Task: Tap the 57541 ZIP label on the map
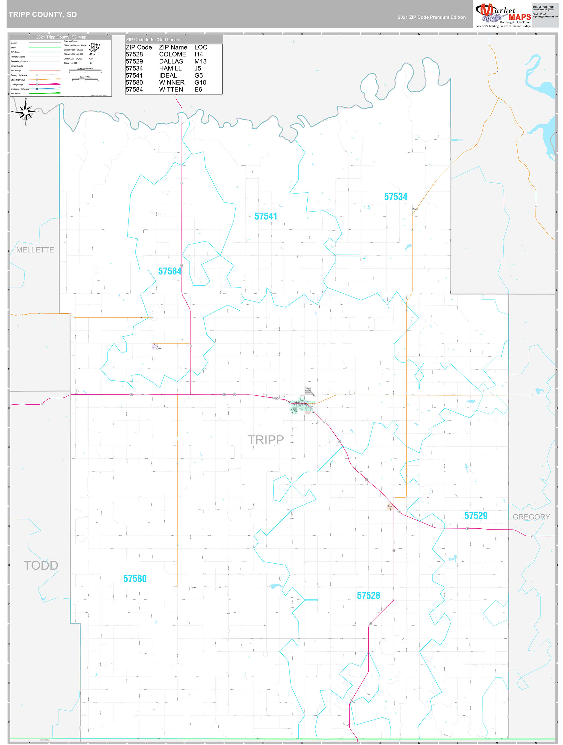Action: click(x=265, y=216)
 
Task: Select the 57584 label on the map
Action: click(x=169, y=271)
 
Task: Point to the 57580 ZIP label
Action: click(x=135, y=579)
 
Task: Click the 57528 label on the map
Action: click(x=368, y=595)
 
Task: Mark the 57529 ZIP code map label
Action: click(x=476, y=516)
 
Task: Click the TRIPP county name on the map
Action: click(x=265, y=440)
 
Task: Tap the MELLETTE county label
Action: click(x=35, y=250)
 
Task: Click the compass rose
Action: click(x=26, y=112)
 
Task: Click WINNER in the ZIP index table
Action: click(x=171, y=83)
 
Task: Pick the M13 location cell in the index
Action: click(x=200, y=61)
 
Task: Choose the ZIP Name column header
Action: click(x=173, y=48)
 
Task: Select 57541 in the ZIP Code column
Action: click(x=134, y=75)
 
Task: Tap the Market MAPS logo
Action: click(x=503, y=15)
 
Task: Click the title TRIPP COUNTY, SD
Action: click(x=43, y=15)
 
